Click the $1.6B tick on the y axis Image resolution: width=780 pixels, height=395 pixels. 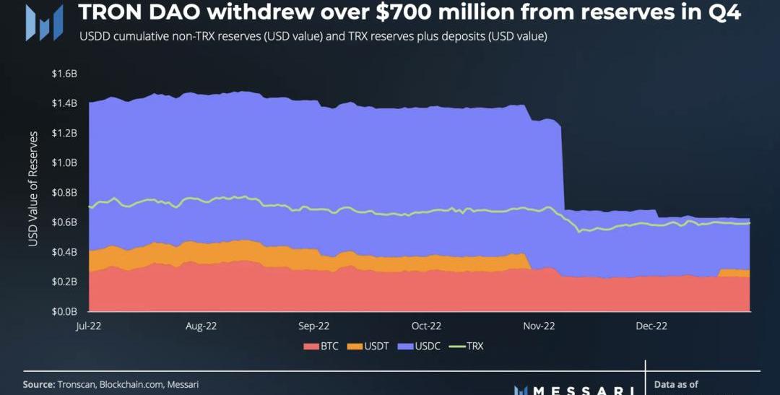click(64, 74)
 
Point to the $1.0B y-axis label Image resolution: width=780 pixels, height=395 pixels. click(64, 163)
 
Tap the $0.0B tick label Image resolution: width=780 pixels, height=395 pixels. click(64, 312)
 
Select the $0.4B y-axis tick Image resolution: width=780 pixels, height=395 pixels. click(64, 252)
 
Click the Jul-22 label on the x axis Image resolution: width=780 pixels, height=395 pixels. click(89, 326)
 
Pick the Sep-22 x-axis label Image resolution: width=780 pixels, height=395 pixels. click(313, 326)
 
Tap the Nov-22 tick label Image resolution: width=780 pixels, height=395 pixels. click(539, 326)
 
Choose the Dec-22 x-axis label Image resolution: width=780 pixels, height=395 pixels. click(651, 326)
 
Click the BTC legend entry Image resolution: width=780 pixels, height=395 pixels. click(323, 347)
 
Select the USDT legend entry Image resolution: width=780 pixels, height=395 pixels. click(369, 347)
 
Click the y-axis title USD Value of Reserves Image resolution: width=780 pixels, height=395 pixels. click(33, 189)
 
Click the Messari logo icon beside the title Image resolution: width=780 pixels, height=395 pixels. click(38, 22)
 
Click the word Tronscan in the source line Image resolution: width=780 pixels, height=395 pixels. click(75, 385)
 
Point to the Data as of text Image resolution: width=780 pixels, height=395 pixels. click(676, 385)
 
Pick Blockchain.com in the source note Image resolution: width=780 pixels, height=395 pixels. click(131, 385)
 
